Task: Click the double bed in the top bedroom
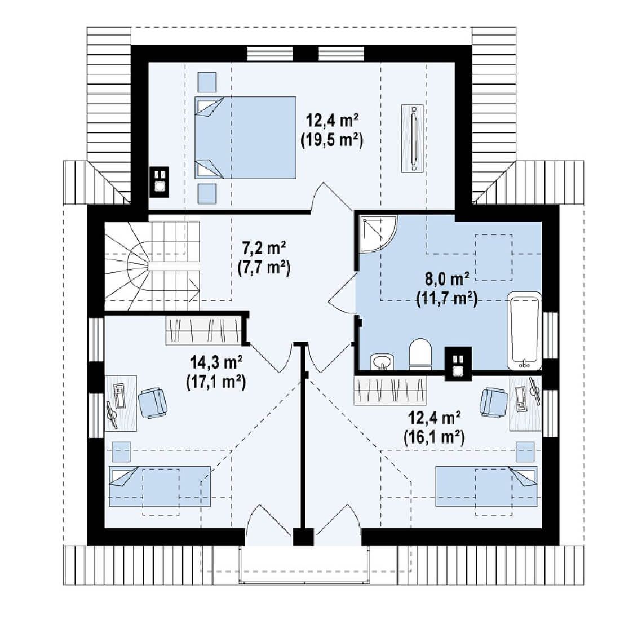(245, 138)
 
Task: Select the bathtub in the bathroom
(524, 330)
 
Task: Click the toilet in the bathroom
(420, 353)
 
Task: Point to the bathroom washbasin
(382, 361)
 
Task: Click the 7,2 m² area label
(264, 249)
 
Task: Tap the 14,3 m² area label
(216, 362)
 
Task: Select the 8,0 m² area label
(447, 279)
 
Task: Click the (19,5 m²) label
(332, 140)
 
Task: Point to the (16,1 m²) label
(434, 437)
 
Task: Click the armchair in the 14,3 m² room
(152, 402)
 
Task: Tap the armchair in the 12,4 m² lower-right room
(494, 402)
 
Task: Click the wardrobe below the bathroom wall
(390, 390)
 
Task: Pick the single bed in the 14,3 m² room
(160, 486)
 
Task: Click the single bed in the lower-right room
(486, 486)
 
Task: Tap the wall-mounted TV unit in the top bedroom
(413, 138)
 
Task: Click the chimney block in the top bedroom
(159, 182)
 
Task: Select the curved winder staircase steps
(152, 265)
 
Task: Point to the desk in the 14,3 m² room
(121, 403)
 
